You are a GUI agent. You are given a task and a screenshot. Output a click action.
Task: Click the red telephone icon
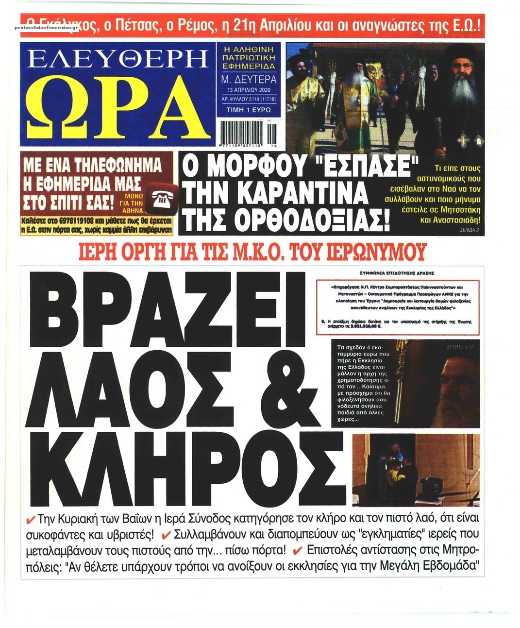point(158,197)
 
